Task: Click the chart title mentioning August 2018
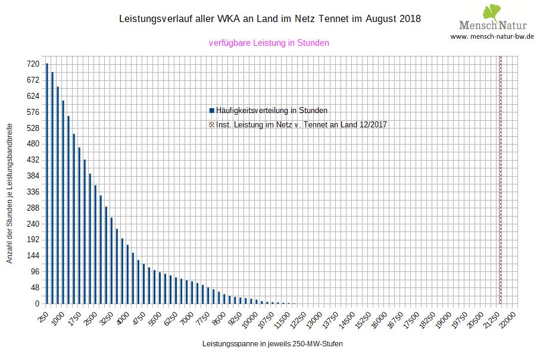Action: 270,19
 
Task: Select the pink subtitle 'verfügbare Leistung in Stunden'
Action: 269,43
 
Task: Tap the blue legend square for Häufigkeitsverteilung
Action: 211,110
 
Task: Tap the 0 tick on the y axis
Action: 37,304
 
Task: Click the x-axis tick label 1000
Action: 59,318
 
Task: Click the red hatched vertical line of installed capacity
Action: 500,179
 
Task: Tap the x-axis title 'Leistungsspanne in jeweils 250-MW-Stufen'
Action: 273,344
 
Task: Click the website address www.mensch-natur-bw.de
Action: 492,36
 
